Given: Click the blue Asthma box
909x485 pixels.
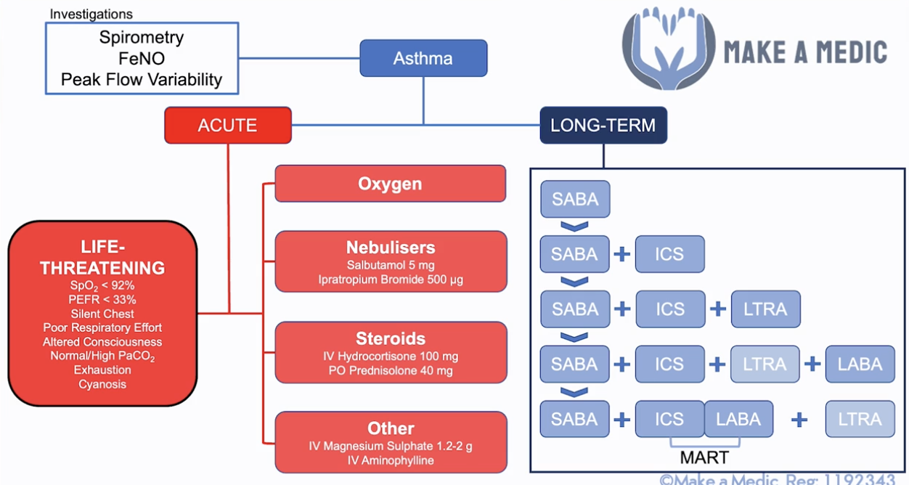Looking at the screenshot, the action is coord(423,58).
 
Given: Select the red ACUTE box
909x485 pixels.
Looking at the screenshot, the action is coord(228,125).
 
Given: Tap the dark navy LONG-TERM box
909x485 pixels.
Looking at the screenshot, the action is coord(603,125).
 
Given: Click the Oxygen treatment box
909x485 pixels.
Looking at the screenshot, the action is coord(390,184).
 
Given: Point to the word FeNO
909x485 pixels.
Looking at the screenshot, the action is coord(142,58).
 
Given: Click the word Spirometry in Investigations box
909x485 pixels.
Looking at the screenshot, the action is coord(142,37).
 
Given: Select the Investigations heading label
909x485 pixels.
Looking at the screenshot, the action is coord(91,15).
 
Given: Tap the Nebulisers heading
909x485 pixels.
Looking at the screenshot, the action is coord(391,247).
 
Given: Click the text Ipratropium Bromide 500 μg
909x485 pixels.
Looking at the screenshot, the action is coord(391,280).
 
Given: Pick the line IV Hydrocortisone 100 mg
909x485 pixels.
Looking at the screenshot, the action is coord(391,356).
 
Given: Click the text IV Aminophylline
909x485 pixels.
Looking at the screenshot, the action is coord(391,460).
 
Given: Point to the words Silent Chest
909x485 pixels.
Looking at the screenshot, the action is coord(102,314).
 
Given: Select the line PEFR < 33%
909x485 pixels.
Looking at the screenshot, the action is coord(102,300).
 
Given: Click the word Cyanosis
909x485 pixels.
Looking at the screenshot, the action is coord(102,384).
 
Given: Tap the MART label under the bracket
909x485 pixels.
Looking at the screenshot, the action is coord(704,457).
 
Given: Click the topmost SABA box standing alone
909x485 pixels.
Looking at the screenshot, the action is coord(575,199).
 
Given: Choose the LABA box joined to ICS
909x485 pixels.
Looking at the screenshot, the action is coord(738,419).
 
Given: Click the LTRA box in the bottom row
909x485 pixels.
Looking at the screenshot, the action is coord(860,419).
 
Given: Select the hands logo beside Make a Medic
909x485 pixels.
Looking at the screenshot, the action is coord(669,48).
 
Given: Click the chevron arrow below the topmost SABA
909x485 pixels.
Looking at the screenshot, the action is coord(574,227).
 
